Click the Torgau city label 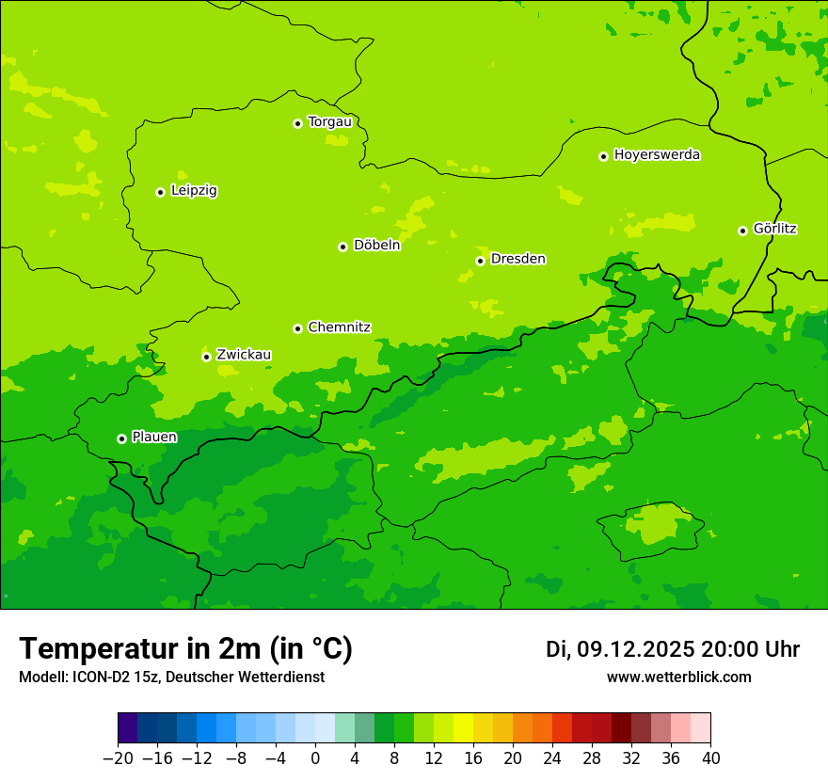tap(329, 122)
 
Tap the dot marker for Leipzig tap(160, 192)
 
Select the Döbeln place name tap(376, 246)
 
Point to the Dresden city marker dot tap(480, 261)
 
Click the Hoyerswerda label tap(657, 155)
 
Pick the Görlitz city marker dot tap(742, 231)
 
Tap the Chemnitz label tap(339, 327)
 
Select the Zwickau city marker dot tap(206, 357)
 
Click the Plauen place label tap(154, 438)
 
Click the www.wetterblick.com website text tap(678, 677)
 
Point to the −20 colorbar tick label tap(118, 758)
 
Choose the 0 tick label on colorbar tap(315, 758)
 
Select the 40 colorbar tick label tap(710, 758)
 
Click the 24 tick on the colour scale tap(552, 758)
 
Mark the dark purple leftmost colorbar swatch tap(127, 728)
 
